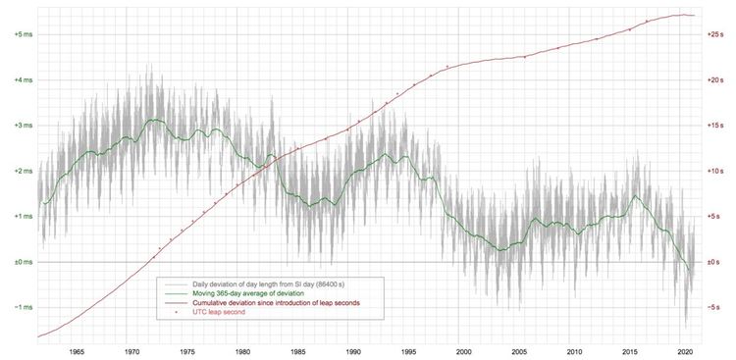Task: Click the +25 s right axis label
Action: point(715,34)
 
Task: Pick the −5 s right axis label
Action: point(714,307)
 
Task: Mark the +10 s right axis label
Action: point(715,171)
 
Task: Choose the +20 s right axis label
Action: point(715,80)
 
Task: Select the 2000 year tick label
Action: point(464,351)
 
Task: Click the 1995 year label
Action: point(408,351)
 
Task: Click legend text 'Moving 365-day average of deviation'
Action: point(241,293)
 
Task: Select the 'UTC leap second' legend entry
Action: point(219,312)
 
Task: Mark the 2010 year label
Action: point(574,351)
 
